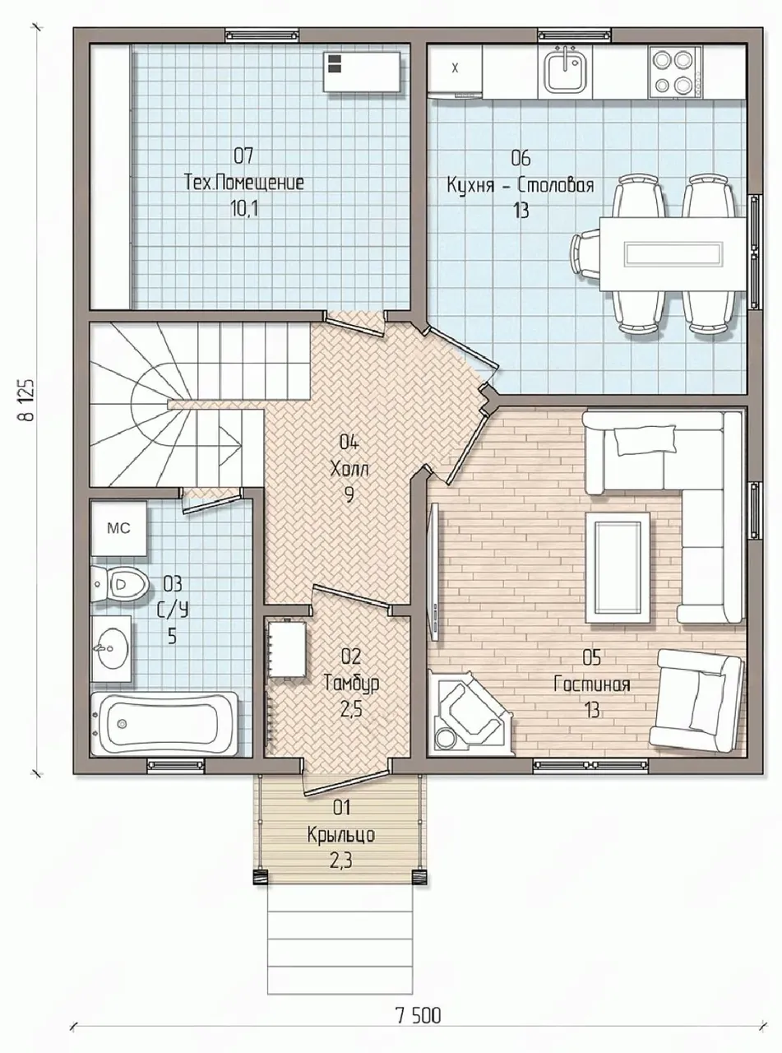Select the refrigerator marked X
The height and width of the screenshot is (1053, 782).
(x=455, y=68)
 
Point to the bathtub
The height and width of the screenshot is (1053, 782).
(x=164, y=723)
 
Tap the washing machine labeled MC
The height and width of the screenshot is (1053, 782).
(x=118, y=528)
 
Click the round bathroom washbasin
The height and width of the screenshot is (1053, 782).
(x=110, y=647)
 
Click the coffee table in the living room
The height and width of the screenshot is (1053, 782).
(x=618, y=567)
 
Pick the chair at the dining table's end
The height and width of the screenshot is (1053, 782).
(x=585, y=254)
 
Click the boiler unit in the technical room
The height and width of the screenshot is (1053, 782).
(x=363, y=72)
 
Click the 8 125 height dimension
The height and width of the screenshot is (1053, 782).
(x=27, y=400)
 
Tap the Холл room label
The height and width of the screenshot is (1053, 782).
(x=349, y=470)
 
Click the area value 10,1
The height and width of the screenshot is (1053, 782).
(x=244, y=208)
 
